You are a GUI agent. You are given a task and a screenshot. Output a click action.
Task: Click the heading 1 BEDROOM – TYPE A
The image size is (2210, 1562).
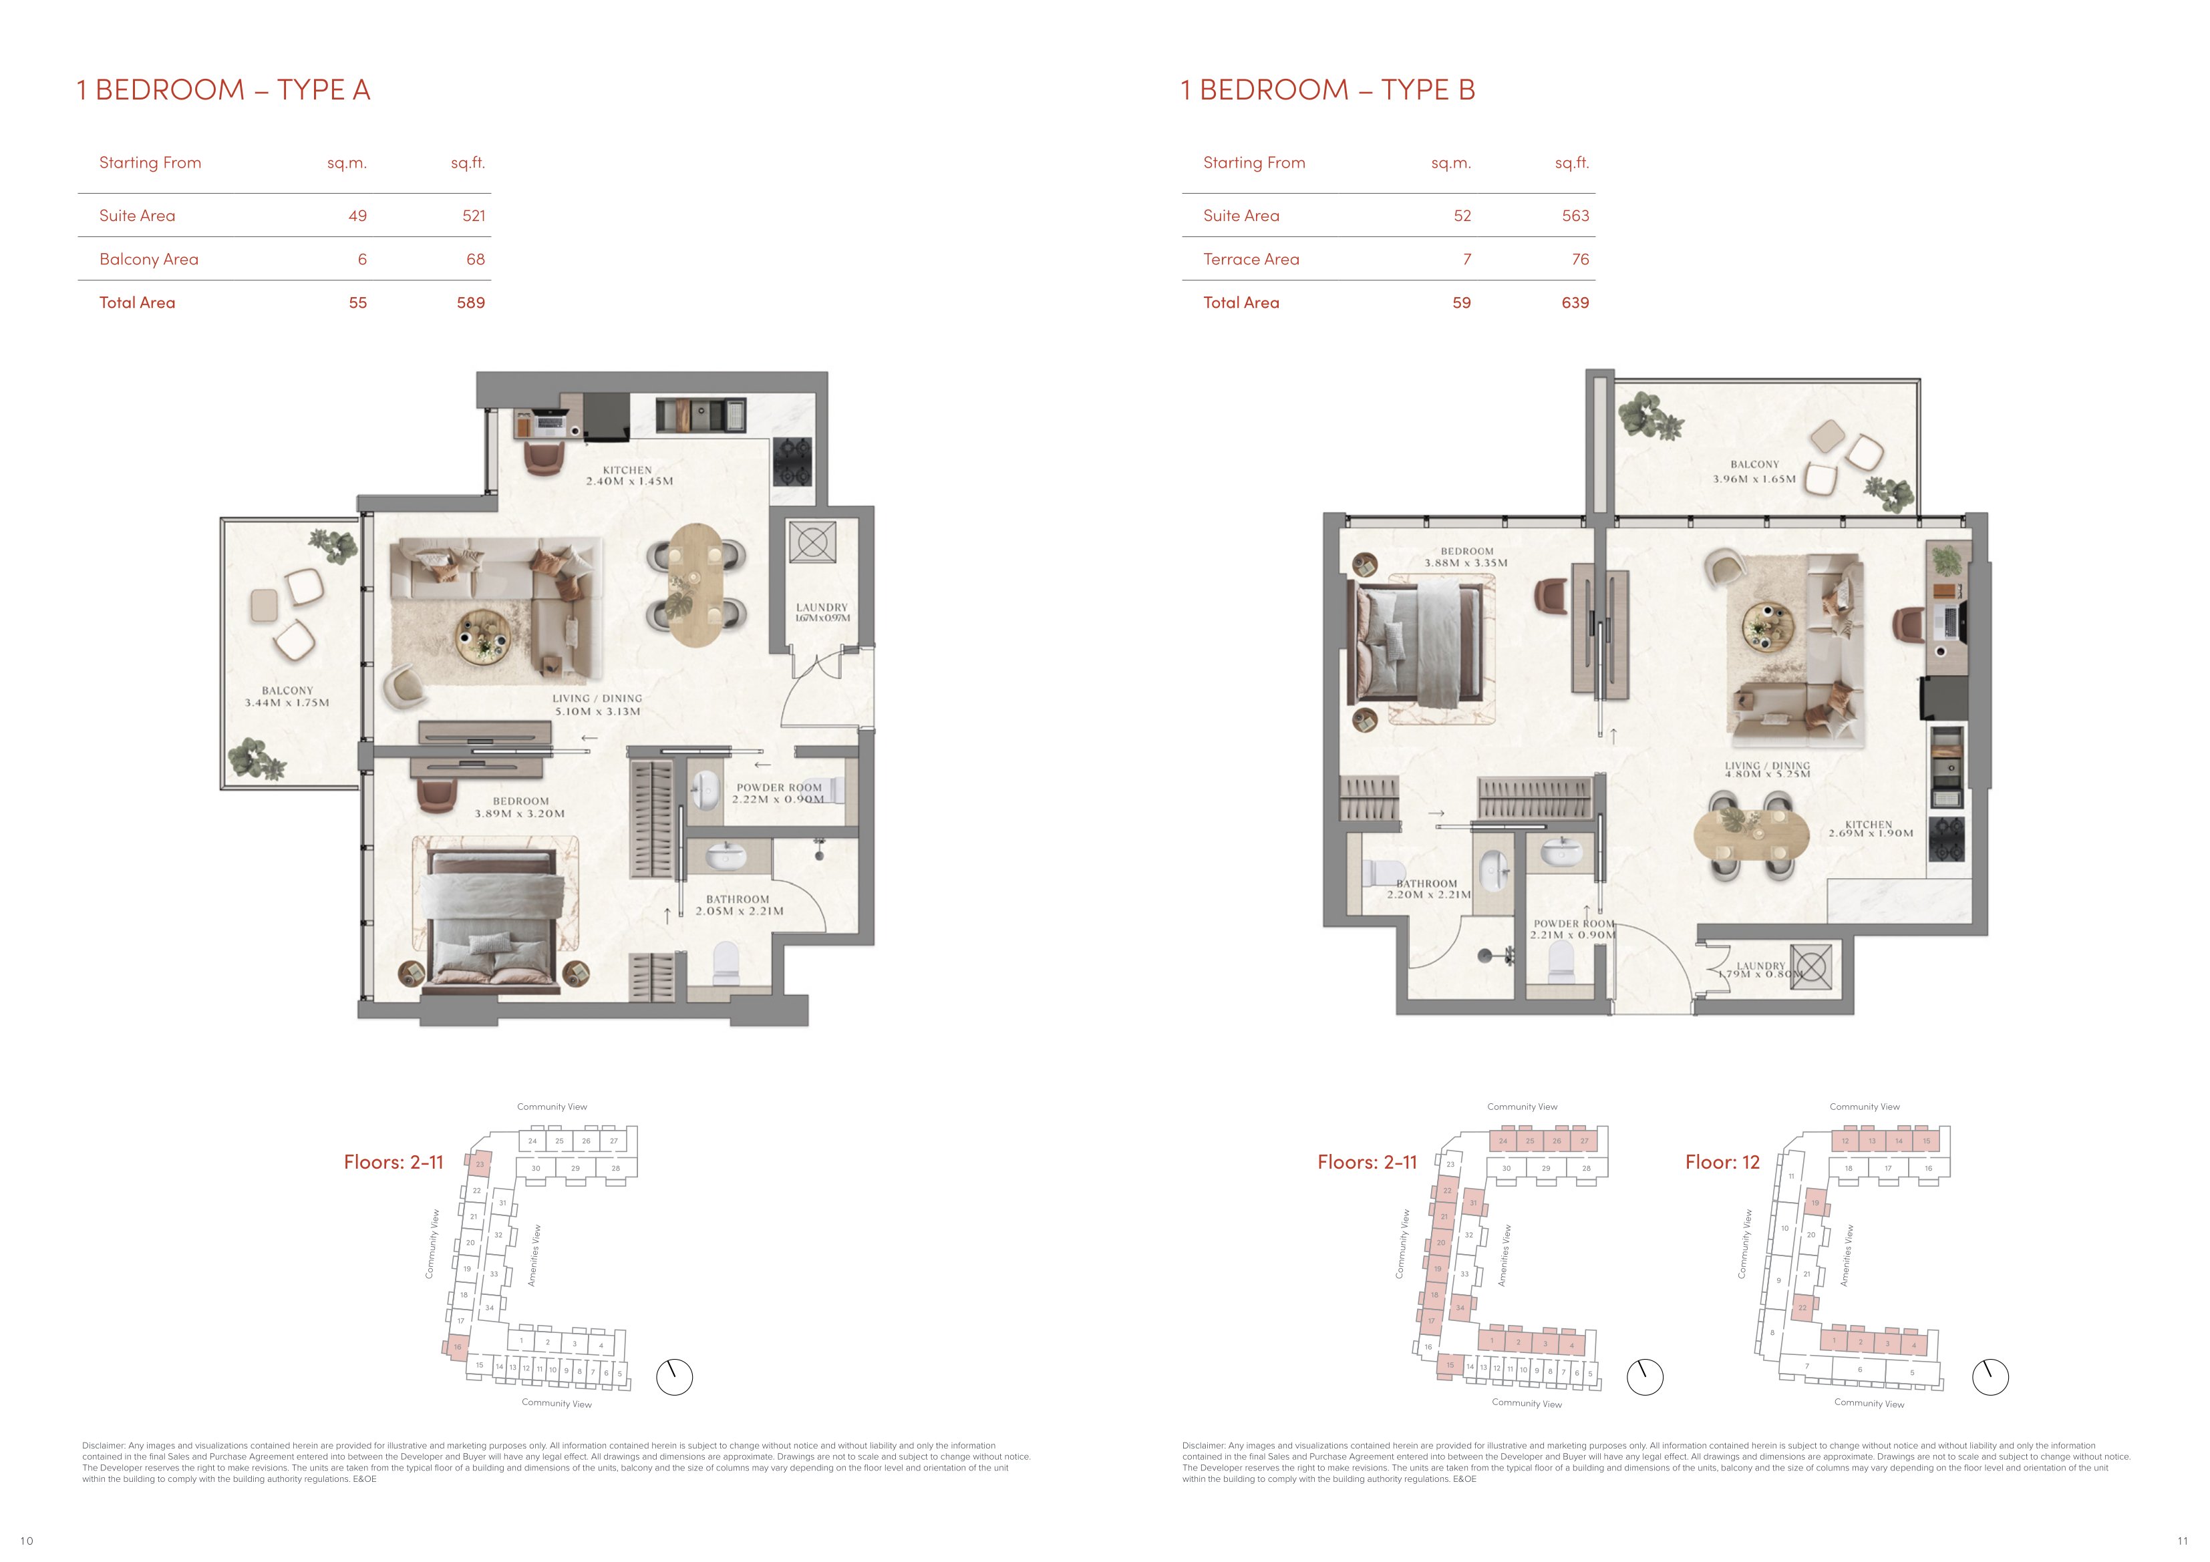click(x=223, y=89)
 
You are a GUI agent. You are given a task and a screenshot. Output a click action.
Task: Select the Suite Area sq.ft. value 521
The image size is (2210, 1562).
click(x=474, y=216)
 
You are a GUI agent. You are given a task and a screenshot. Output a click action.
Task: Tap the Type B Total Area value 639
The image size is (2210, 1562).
click(x=1575, y=303)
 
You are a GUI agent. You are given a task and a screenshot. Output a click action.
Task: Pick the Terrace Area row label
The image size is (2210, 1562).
click(x=1251, y=259)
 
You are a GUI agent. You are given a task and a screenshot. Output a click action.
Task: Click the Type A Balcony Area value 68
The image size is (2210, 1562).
click(x=476, y=259)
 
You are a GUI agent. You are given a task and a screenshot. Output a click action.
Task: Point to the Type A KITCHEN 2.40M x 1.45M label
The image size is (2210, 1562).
click(x=629, y=475)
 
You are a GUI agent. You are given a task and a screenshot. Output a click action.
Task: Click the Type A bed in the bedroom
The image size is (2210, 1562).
click(x=495, y=919)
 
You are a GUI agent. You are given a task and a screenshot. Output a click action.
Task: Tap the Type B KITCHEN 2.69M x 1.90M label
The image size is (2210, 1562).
click(x=1870, y=829)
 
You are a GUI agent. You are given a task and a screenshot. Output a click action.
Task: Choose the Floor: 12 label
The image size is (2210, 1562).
click(x=1722, y=1161)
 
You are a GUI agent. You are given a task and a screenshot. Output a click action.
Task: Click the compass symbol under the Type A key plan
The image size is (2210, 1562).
click(x=674, y=1377)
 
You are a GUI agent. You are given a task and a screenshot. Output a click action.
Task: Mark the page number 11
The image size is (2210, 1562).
click(x=2182, y=1540)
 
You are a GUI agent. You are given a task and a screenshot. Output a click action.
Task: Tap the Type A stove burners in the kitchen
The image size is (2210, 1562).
click(x=794, y=462)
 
